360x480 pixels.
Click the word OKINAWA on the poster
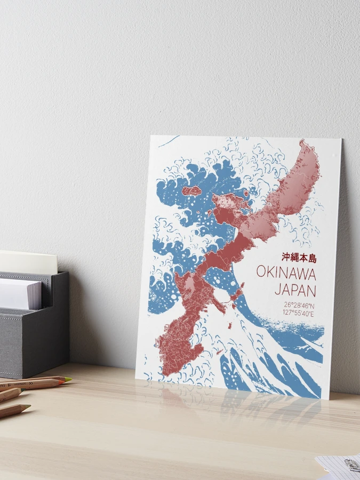pyautogui.click(x=286, y=273)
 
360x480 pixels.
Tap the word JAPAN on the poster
pyautogui.click(x=295, y=290)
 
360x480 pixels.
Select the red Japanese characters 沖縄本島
pyautogui.click(x=299, y=258)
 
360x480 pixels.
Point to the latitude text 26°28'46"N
pyautogui.click(x=299, y=305)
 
